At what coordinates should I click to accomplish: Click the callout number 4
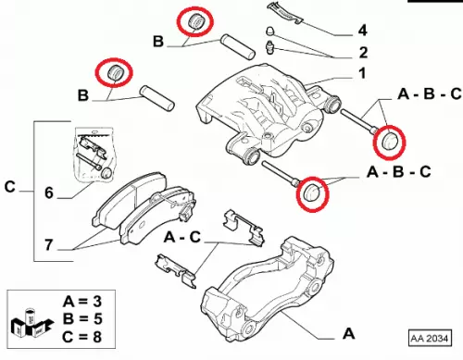362,31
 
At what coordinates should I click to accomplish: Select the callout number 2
363,53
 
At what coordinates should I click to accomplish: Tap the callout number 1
362,73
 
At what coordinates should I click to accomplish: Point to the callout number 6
49,192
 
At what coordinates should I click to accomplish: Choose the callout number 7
49,245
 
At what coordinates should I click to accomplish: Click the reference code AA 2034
429,339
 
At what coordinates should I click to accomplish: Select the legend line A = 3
82,301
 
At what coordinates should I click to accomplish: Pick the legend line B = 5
82,318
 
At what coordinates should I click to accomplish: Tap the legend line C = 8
82,336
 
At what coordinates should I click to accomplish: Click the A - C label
182,237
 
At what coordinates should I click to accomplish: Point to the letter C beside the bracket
10,187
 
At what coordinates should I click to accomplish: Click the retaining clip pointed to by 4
285,13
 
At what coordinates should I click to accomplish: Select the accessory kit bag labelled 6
94,155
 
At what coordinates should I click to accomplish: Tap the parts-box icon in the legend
31,323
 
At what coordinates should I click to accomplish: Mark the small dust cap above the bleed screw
270,31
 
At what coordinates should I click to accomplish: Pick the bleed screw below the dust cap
271,47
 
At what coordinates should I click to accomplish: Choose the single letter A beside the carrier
349,333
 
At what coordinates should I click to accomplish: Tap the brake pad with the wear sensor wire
158,215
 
